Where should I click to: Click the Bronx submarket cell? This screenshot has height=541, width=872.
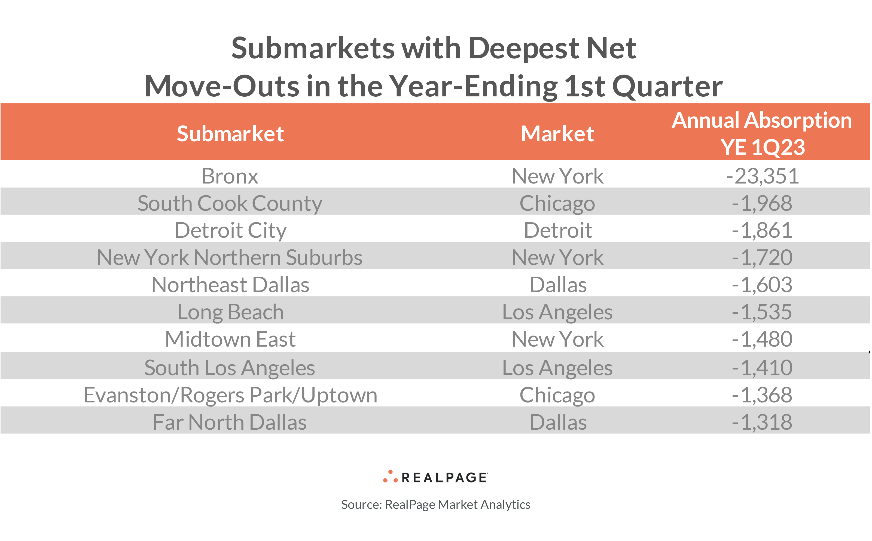click(x=230, y=176)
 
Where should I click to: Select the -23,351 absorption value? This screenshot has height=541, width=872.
click(x=762, y=176)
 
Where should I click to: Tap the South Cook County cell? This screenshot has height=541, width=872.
click(x=230, y=203)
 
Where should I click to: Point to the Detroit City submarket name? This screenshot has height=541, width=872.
click(x=230, y=230)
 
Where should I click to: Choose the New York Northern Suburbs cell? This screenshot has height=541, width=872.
click(x=230, y=257)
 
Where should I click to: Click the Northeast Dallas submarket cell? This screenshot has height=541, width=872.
click(x=230, y=285)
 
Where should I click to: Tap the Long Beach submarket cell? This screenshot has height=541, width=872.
click(x=230, y=312)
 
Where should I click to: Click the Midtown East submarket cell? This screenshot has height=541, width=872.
click(x=230, y=339)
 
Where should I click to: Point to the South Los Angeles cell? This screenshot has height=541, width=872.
click(x=230, y=368)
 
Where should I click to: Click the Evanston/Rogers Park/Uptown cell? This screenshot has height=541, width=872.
click(x=230, y=395)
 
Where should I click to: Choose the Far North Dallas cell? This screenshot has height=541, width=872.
click(x=230, y=422)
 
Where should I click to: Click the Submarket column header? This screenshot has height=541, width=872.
click(x=230, y=134)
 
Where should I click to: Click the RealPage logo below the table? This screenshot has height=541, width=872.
click(x=435, y=477)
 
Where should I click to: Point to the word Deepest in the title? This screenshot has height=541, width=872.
click(x=523, y=48)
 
